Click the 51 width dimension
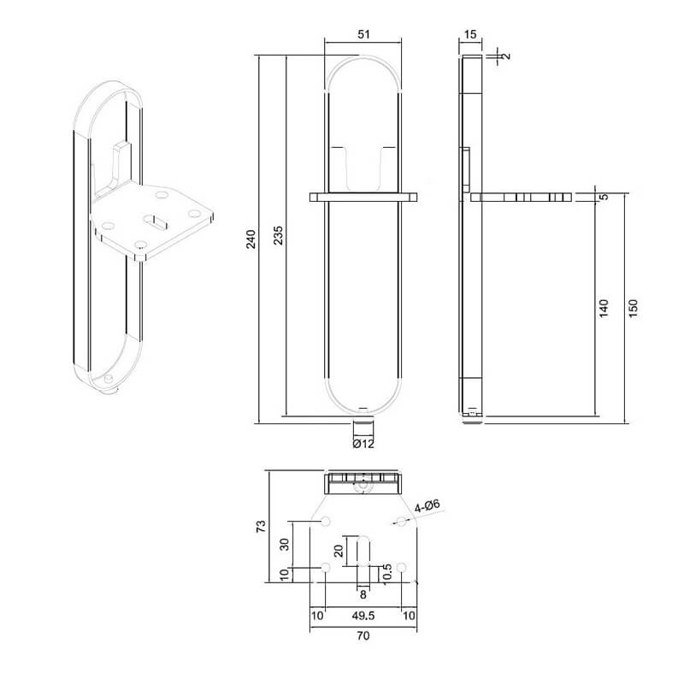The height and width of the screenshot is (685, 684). click(363, 33)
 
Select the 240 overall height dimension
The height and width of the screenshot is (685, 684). click(251, 240)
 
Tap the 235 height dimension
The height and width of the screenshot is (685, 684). click(278, 240)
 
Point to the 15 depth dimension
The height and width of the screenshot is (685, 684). click(469, 33)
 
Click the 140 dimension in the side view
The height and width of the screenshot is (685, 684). click(604, 308)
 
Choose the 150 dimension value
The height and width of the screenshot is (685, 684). click(633, 308)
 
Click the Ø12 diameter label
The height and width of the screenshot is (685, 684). click(363, 443)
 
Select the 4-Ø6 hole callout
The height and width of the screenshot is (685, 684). click(427, 505)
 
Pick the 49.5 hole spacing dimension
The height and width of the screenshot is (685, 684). click(363, 615)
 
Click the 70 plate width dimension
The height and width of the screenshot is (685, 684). click(363, 636)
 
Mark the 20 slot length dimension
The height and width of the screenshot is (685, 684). click(339, 550)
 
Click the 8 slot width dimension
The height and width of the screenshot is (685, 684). click(363, 593)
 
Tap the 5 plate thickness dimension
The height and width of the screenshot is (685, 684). click(604, 198)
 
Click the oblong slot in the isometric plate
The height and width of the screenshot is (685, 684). click(160, 221)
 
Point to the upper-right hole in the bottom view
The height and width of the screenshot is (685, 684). click(400, 521)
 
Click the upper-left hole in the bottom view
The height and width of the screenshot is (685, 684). click(325, 522)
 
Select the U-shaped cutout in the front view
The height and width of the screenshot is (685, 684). click(363, 167)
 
